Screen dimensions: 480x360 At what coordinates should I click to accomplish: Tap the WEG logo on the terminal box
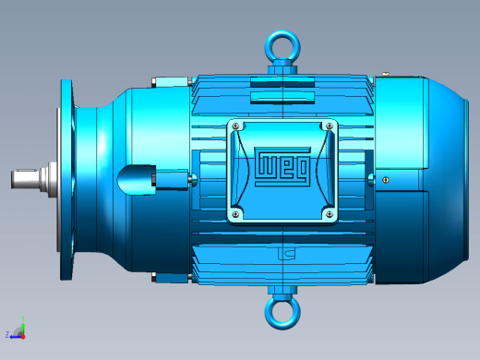click(x=282, y=166)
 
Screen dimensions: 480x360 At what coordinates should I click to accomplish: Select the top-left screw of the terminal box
click(x=235, y=126)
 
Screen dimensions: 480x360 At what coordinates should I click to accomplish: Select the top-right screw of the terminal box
click(x=330, y=126)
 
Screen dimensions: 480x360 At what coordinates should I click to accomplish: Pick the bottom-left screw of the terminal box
click(x=235, y=214)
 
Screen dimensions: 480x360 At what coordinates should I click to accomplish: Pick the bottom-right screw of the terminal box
click(x=330, y=214)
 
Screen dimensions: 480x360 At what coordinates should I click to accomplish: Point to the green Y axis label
click(x=23, y=318)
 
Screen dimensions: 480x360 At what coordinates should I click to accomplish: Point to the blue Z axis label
click(x=7, y=334)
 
